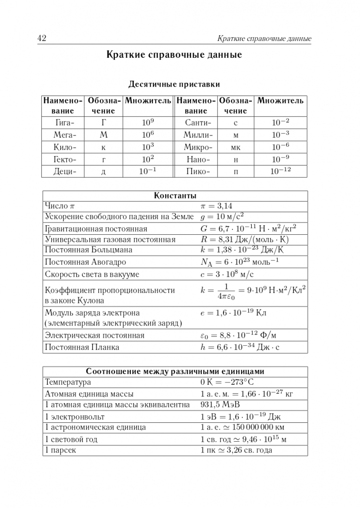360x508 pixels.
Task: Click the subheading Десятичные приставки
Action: click(x=174, y=85)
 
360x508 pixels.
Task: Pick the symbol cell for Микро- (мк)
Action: click(x=235, y=147)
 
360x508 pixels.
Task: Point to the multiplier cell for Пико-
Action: click(x=280, y=172)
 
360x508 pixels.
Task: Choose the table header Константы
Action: click(x=175, y=196)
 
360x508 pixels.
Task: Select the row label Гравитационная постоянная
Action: click(x=96, y=229)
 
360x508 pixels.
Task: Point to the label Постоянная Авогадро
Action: click(x=85, y=262)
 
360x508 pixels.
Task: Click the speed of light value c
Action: click(x=229, y=274)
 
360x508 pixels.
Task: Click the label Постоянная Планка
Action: click(x=82, y=347)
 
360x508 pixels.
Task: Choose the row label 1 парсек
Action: click(x=60, y=450)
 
